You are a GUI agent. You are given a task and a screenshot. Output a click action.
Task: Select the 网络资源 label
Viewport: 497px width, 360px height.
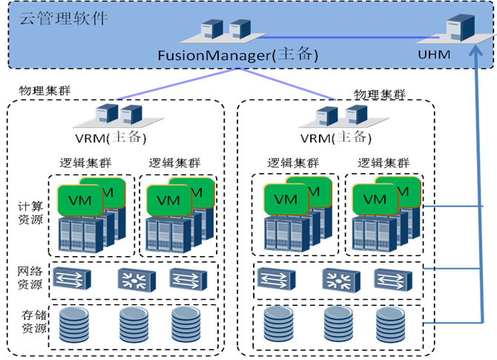tap(30, 278)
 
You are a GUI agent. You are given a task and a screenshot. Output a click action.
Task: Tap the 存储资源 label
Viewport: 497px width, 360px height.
tap(30, 324)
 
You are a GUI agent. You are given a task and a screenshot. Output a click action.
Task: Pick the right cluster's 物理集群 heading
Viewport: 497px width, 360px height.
tap(380, 94)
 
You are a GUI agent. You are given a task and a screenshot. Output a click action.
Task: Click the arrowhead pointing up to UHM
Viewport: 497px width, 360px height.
tap(476, 53)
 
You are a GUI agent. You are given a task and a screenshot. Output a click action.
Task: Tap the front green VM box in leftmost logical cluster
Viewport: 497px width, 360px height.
tap(74, 199)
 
